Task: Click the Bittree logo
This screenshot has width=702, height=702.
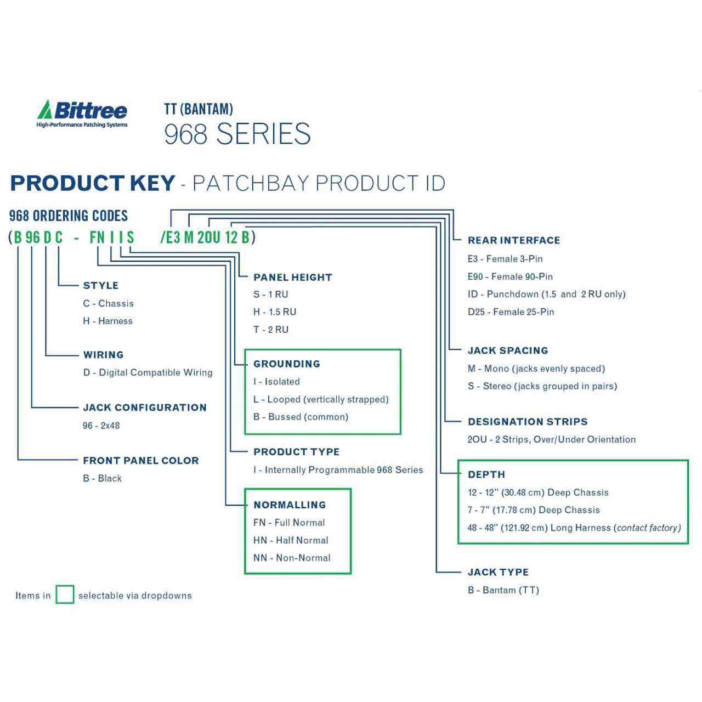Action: (82, 114)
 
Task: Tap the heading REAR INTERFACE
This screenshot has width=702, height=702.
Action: (514, 240)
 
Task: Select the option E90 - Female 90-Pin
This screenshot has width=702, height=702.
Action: (510, 276)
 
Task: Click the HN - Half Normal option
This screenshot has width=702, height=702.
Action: (291, 540)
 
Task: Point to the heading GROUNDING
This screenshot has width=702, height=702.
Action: (287, 364)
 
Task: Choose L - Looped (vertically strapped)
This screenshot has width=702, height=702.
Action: (321, 399)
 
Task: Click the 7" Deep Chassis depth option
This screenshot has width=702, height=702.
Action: (534, 510)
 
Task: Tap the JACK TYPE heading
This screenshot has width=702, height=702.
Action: (498, 572)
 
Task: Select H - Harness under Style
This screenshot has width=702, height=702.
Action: (108, 321)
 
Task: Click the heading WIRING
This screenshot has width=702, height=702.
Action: (104, 354)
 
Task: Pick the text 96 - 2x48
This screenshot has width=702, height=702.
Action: (101, 426)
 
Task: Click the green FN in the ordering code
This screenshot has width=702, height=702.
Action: (97, 237)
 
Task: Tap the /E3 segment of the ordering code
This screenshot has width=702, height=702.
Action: (171, 237)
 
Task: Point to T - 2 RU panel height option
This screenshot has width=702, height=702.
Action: (271, 329)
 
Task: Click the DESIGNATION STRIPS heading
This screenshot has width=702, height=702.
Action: (528, 422)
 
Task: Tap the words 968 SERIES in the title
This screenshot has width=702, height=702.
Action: (237, 134)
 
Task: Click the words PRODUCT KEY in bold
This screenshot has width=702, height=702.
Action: (93, 183)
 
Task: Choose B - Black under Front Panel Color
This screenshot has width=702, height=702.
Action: (103, 478)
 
